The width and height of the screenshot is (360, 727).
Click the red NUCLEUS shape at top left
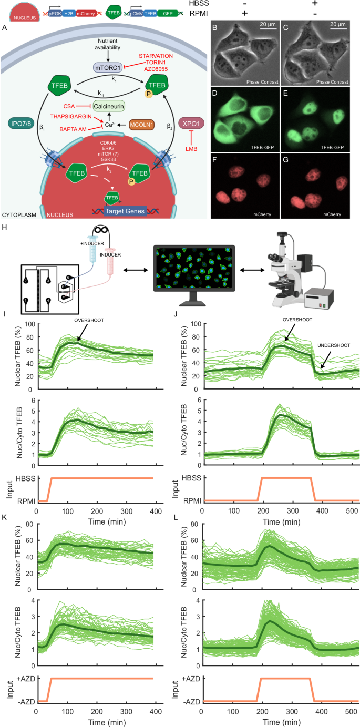[17, 12]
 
